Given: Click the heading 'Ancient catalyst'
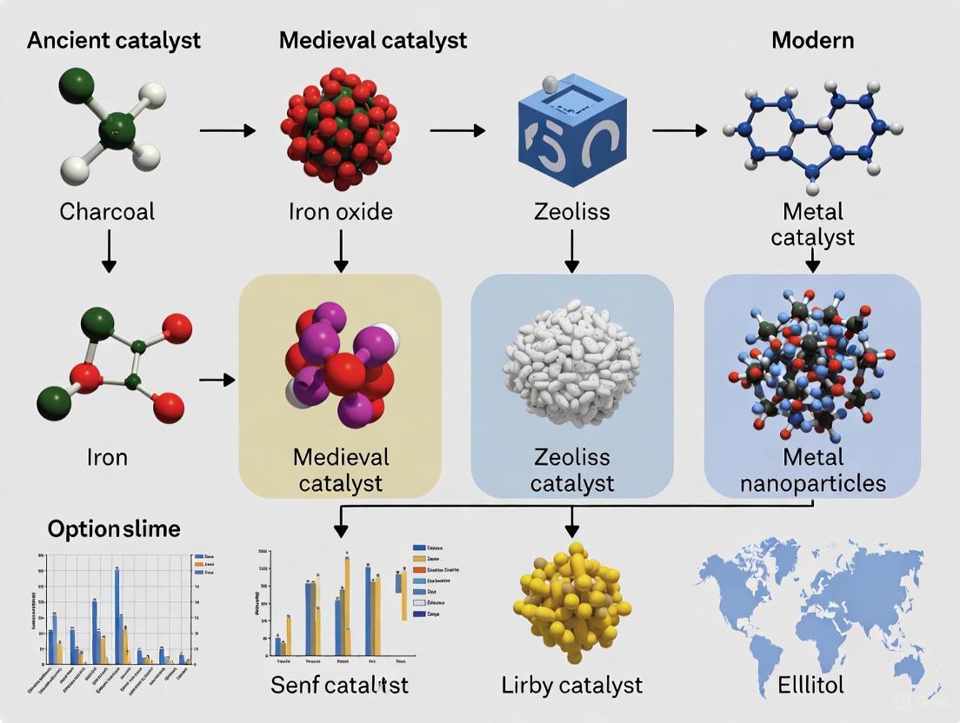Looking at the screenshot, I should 114,40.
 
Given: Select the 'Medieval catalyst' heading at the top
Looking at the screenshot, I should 373,40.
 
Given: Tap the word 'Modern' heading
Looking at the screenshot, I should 812,40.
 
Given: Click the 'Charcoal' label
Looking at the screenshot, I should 108,211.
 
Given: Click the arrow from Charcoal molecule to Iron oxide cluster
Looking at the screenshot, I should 227,130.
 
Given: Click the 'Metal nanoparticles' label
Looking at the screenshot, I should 812,469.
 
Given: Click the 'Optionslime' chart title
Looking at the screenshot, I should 114,528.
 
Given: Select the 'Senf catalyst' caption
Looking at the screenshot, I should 339,684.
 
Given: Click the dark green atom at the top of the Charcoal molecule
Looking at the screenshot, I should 77,85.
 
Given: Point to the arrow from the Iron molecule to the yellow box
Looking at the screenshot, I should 217,380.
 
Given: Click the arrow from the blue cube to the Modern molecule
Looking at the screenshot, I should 679,130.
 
